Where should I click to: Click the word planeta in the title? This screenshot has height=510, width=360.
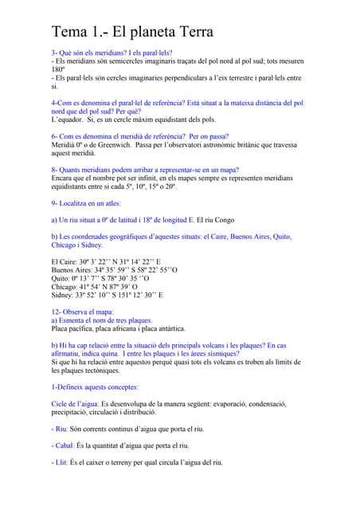[x=143, y=33]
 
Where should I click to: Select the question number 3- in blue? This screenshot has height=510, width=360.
[x=55, y=52]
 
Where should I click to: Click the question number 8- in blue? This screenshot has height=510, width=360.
[x=55, y=170]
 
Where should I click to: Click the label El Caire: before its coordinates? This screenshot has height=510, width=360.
[x=65, y=261]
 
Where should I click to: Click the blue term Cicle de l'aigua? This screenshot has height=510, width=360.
[x=75, y=405]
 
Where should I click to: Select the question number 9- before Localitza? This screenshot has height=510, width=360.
[x=55, y=203]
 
